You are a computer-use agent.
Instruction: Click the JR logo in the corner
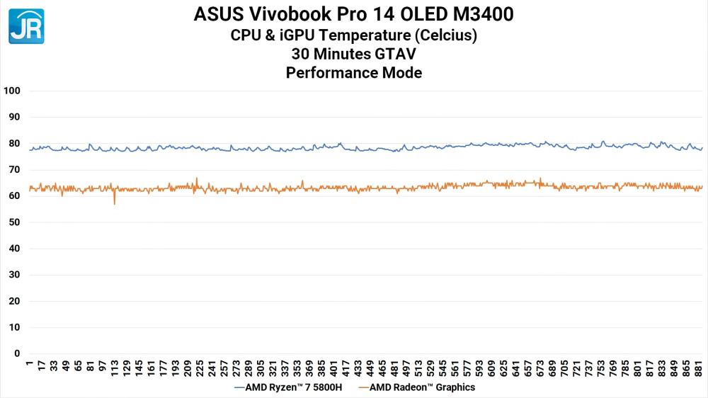coord(26,26)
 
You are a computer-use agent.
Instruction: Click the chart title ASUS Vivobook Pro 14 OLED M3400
coord(353,14)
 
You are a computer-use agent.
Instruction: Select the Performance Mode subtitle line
coord(353,72)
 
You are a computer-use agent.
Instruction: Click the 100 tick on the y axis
coord(12,91)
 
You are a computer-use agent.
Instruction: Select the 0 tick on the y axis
coord(17,353)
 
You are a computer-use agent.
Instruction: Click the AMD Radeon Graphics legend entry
coord(418,387)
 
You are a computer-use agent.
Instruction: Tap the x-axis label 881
coord(700,368)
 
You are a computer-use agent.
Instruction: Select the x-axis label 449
coord(370,368)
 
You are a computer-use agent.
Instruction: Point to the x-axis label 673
coord(541,368)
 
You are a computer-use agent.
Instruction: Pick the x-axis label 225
coord(200,368)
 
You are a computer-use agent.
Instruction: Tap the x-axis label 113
coord(115,368)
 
